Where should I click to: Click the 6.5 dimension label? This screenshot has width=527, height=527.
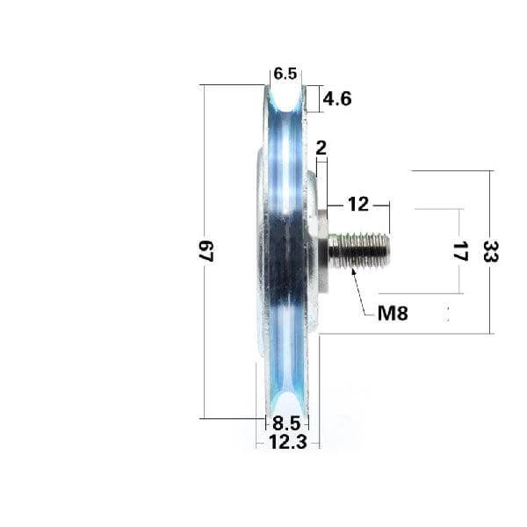coord(285,75)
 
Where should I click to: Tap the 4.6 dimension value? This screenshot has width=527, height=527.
coord(336,99)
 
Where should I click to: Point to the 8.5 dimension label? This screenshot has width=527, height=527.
coord(286,422)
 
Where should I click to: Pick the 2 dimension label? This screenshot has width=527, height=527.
coord(320,148)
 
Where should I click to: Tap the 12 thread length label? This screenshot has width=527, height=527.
coord(357,205)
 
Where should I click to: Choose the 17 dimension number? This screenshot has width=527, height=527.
coord(458,251)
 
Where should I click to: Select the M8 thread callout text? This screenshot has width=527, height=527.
coord(393,312)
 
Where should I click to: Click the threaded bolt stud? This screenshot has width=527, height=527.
coord(360,249)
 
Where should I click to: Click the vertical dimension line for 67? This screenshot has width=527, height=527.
coord(204,176)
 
